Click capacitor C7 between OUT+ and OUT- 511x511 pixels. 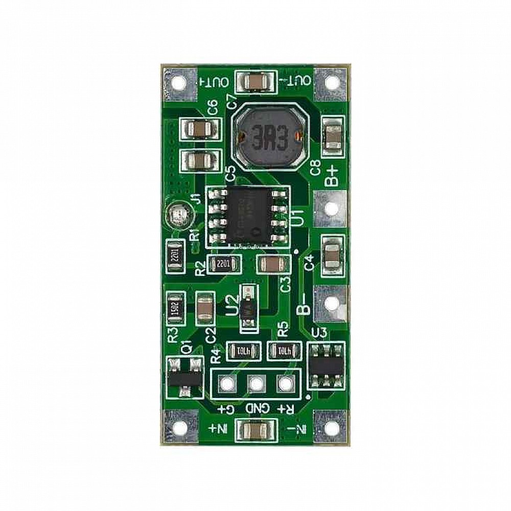(x=254, y=82)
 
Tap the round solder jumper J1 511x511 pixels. (x=178, y=215)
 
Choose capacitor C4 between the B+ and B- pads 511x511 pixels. (x=331, y=253)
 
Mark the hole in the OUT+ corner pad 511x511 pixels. (x=178, y=82)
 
